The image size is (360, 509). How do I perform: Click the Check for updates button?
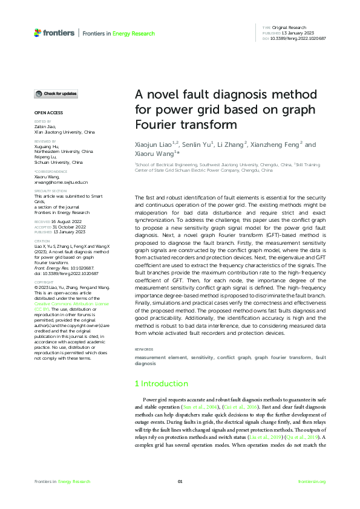[56, 94]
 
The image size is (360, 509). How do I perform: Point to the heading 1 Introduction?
[161, 384]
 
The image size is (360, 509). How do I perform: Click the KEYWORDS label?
[143, 350]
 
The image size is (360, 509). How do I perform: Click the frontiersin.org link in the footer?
[312, 481]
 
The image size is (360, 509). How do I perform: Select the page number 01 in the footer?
[180, 481]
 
